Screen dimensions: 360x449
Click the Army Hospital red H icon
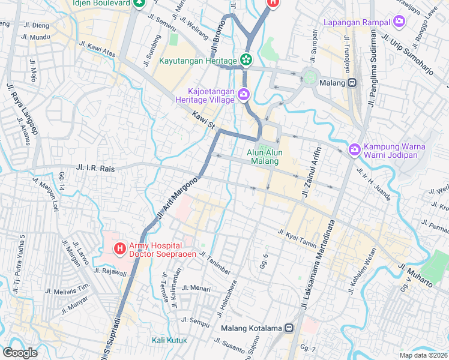(x=119, y=247)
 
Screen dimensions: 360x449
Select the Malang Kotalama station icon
(x=289, y=328)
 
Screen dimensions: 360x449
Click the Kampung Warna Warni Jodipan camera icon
(x=355, y=149)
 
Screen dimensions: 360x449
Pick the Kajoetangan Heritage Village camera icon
(x=244, y=94)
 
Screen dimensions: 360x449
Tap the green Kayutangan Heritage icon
(x=245, y=60)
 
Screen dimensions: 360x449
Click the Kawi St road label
(x=204, y=119)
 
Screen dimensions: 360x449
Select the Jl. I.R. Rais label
(x=96, y=169)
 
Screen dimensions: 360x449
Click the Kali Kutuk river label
(x=169, y=340)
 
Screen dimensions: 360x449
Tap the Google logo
(x=20, y=352)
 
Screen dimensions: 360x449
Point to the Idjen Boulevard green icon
(x=139, y=3)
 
